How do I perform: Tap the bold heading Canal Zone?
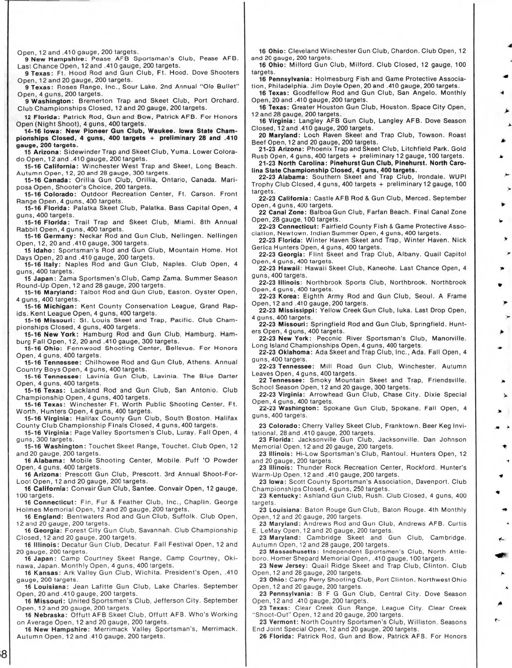point(290,212)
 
